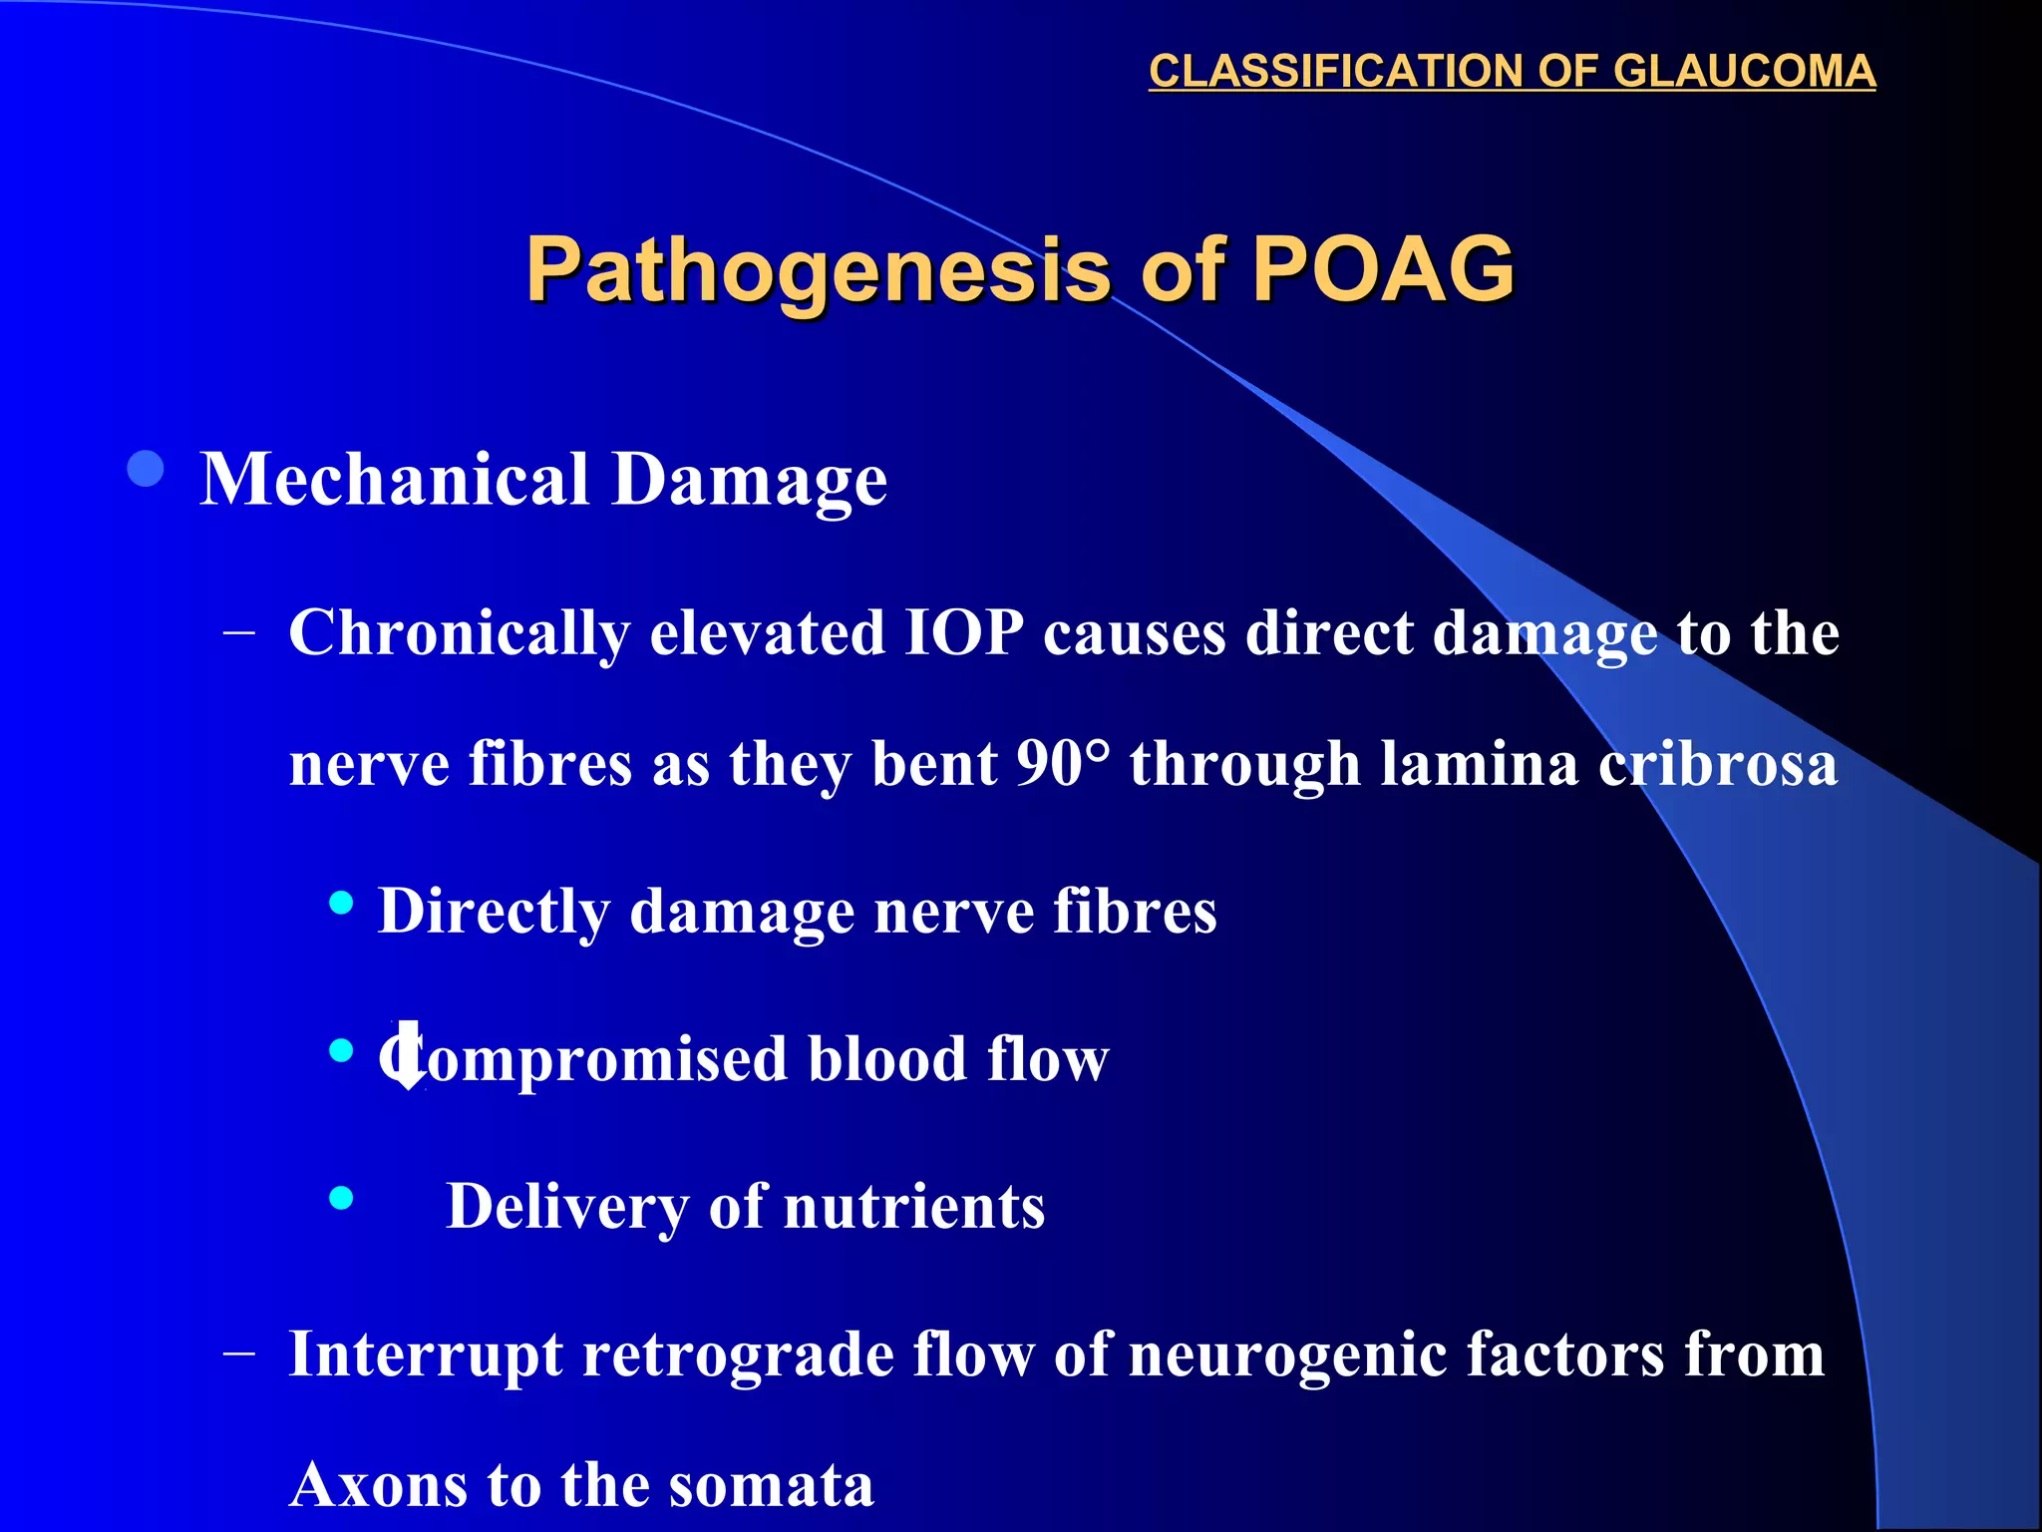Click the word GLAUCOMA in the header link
1744,72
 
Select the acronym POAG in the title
1383,269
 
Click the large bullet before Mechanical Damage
147,469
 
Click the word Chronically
459,634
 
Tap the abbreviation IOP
963,634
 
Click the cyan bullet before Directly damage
341,904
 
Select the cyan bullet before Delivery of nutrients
341,1198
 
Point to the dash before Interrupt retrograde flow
239,1354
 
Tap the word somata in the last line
771,1485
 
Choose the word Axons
378,1485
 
